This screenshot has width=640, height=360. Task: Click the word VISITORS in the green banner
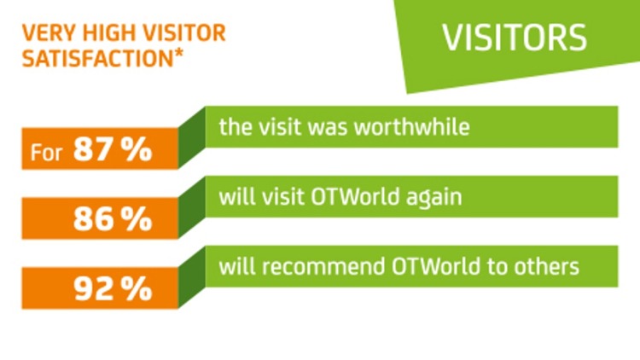click(514, 39)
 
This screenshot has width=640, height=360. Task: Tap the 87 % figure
click(112, 150)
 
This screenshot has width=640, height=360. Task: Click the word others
click(550, 266)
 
